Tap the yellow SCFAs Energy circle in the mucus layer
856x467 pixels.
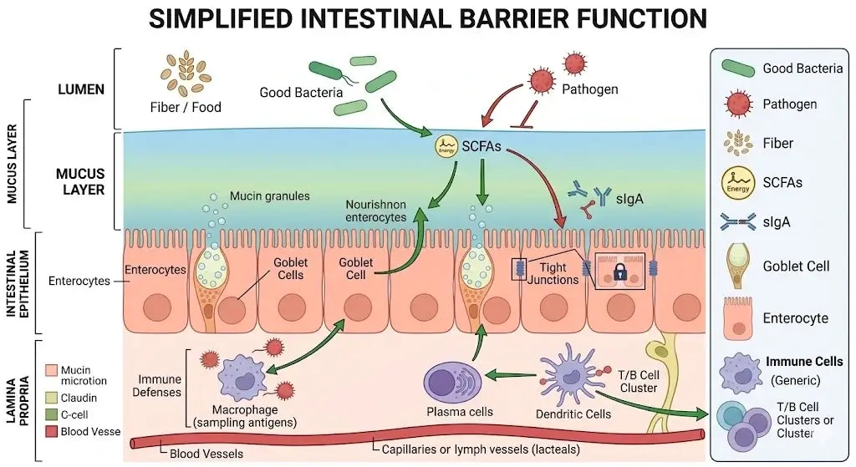[x=447, y=147]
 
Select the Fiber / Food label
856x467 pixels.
[x=186, y=107]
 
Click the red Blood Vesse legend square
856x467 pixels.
[x=51, y=431]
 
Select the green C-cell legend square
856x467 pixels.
[x=51, y=414]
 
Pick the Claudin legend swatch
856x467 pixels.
[x=51, y=398]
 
